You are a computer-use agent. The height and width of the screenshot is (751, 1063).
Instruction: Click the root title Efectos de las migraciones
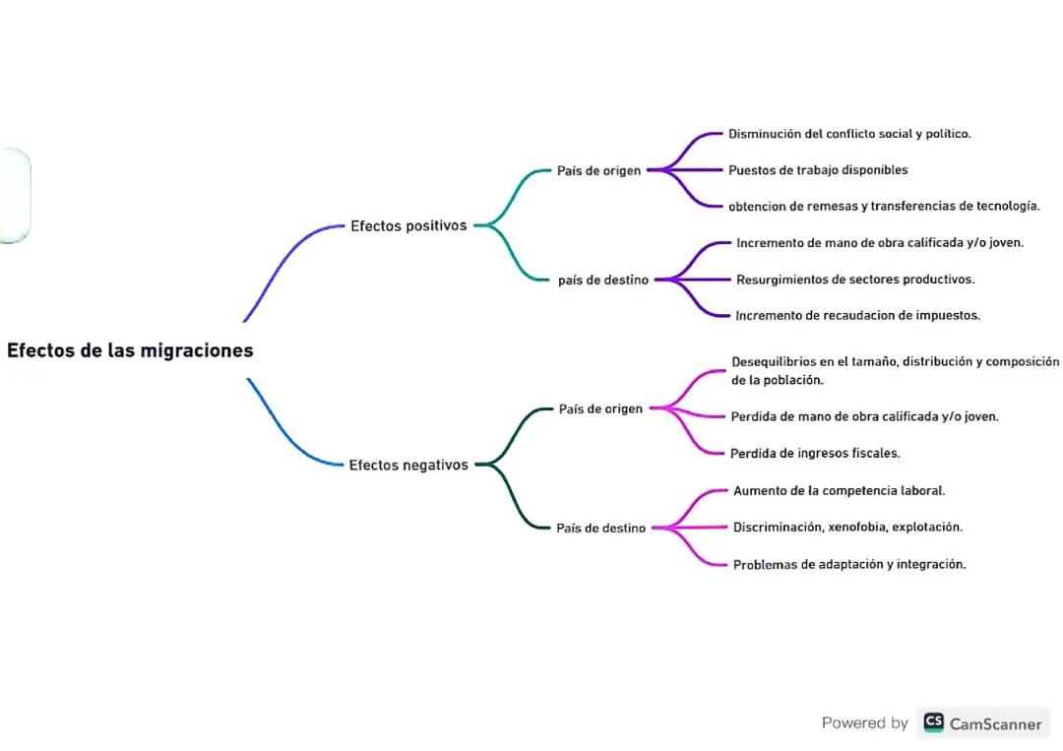click(x=130, y=350)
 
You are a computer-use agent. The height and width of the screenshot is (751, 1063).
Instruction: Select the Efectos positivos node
click(x=408, y=225)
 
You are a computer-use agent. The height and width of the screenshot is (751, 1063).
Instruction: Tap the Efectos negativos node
click(x=408, y=465)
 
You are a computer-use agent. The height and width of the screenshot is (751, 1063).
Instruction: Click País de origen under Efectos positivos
click(x=598, y=170)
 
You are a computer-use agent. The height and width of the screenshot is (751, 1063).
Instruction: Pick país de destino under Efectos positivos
click(x=602, y=280)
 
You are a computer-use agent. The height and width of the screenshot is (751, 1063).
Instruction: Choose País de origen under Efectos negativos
click(x=600, y=408)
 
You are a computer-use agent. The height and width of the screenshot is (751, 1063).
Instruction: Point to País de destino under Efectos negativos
click(x=600, y=528)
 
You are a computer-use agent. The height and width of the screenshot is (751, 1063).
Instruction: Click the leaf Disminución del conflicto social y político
click(x=849, y=134)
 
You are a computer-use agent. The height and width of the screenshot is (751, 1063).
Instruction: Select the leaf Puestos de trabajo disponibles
click(x=818, y=170)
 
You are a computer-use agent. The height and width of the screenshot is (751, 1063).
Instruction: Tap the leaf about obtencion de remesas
click(x=884, y=206)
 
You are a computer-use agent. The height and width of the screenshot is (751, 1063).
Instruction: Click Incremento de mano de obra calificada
click(x=880, y=242)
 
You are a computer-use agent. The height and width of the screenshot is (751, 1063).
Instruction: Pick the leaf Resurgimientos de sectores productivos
click(x=855, y=280)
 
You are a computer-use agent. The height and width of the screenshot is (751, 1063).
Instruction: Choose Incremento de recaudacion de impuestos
click(x=857, y=316)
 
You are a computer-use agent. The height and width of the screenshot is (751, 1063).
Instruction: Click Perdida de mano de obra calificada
click(x=864, y=416)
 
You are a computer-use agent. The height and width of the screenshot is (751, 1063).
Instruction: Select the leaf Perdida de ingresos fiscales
click(x=815, y=454)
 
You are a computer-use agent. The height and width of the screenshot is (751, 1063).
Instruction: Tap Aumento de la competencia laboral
click(x=839, y=490)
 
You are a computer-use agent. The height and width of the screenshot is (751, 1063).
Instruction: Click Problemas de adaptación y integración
click(x=849, y=565)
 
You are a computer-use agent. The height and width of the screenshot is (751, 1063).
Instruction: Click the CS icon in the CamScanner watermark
click(x=933, y=722)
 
